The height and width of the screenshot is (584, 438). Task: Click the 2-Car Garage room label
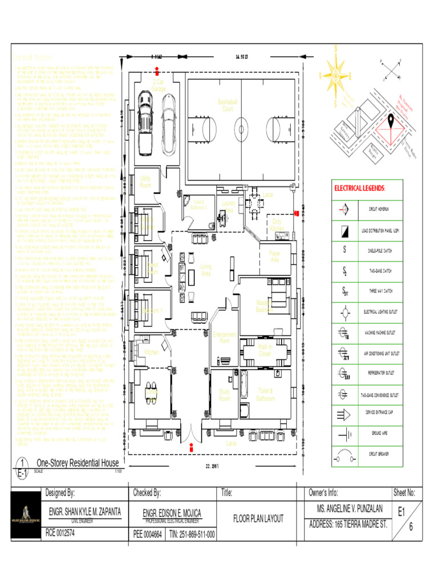159,86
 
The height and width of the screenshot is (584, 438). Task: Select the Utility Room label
145,182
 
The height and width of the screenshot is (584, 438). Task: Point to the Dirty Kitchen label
277,225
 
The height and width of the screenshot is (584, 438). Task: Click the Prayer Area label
275,257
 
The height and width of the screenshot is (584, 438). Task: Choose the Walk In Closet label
265,350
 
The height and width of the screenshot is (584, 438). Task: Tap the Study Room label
225,395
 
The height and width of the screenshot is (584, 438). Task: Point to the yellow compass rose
336,75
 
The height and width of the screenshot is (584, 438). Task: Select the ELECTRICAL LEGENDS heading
359,188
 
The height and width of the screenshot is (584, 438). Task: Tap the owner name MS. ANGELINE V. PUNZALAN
346,509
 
